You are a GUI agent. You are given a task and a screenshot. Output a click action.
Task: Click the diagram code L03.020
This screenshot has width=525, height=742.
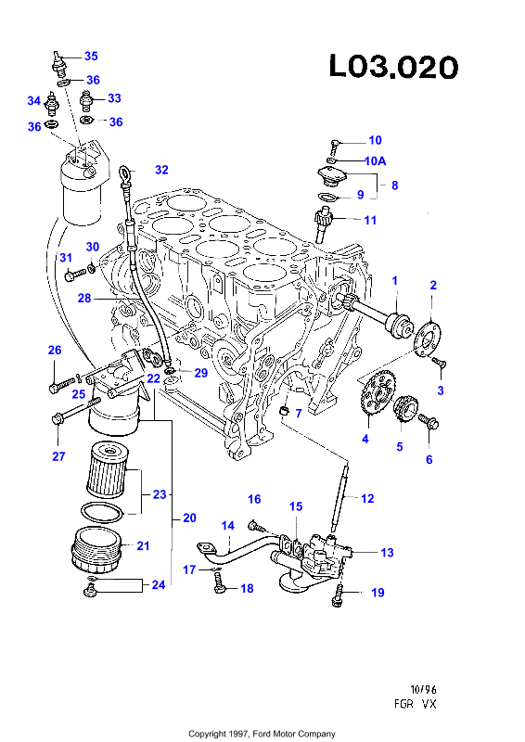pos(393,67)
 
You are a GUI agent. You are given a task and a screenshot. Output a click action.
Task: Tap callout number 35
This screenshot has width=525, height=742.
pos(91,56)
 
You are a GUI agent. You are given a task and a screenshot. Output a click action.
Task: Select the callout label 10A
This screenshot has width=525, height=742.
pos(376,160)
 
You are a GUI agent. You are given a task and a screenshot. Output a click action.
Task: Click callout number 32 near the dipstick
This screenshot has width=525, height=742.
pos(161,170)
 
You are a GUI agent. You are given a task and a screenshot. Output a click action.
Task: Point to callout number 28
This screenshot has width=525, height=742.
pos(84,298)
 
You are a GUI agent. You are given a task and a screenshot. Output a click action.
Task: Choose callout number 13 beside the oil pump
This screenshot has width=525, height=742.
pos(387,552)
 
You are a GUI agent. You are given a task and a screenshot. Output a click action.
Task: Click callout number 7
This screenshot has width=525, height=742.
pos(299,413)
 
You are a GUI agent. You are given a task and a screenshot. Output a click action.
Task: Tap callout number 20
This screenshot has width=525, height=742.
pos(189,518)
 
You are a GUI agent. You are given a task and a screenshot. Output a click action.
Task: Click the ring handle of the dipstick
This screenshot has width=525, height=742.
pos(125,172)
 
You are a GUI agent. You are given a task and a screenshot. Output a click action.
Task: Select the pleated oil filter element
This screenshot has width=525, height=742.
pos(107,469)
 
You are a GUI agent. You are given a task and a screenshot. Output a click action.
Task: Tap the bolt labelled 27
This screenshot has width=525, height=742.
pos(75,411)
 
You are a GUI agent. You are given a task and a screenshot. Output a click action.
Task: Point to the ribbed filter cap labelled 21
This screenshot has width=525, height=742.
pos(96,549)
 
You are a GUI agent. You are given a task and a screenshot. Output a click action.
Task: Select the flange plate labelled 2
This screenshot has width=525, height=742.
pos(428,339)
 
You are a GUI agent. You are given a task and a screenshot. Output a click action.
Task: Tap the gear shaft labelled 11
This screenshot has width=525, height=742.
pos(324,224)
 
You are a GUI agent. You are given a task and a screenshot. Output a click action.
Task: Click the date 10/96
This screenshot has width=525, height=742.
pos(423,689)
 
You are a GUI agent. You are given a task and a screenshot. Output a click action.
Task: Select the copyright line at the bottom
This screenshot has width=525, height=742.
pos(262,734)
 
